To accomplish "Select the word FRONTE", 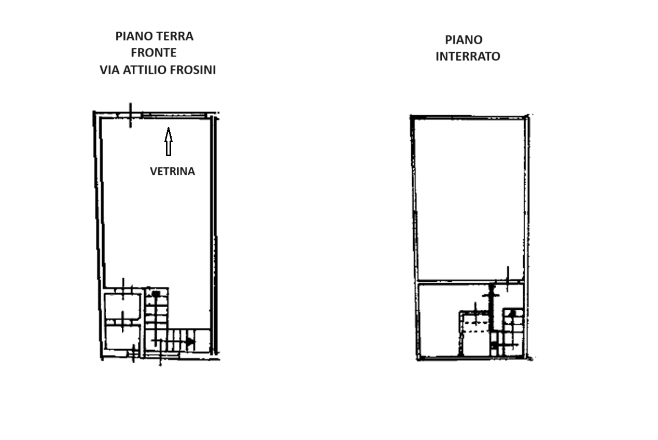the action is (x=153, y=53).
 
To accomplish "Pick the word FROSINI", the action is (x=193, y=70).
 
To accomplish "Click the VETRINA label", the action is (x=173, y=171).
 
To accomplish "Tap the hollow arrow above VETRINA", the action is (x=169, y=142).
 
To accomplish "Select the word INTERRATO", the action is (x=468, y=57).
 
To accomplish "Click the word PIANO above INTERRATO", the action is (x=464, y=40).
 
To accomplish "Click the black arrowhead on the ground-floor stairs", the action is (x=190, y=342).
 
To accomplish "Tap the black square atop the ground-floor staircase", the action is (x=156, y=293).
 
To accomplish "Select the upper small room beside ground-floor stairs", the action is (x=122, y=307).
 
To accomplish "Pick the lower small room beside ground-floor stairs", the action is (x=122, y=337).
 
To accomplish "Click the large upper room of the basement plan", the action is (x=470, y=199).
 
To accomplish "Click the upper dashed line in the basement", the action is (x=476, y=323).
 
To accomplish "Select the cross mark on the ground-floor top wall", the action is (x=131, y=115).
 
